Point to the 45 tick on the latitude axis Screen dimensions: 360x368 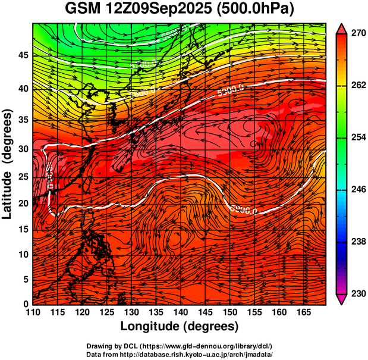[23, 55]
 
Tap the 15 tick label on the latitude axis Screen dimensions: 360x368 [23, 228]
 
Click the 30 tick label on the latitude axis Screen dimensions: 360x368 [23, 149]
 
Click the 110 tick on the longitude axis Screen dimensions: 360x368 [33, 312]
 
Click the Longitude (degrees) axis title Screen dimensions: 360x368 [180, 326]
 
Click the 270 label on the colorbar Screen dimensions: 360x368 [357, 34]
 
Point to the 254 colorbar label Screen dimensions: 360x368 [357, 137]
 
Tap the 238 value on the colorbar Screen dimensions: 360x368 [357, 242]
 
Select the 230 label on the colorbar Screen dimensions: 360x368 [357, 293]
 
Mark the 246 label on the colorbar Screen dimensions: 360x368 [357, 190]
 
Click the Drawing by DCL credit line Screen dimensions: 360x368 [180, 346]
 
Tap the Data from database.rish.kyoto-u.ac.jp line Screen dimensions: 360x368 [180, 353]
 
